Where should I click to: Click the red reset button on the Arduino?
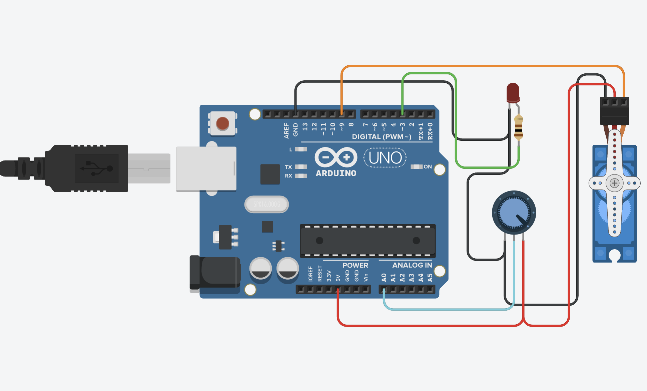222,124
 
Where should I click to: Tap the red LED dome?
513,92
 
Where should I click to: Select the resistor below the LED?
519,127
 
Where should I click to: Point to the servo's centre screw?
614,183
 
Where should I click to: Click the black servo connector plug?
614,111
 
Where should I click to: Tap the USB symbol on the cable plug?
97,168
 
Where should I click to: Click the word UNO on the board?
385,158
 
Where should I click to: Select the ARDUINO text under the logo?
336,173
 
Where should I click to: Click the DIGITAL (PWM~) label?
382,137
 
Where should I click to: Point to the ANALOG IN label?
412,265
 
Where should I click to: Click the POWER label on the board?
355,265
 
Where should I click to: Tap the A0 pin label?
384,278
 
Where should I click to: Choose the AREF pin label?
286,130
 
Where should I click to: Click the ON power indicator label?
428,166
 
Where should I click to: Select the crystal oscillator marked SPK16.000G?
266,204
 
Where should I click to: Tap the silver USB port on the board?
206,168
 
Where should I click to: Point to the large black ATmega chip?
368,241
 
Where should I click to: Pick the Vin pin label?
366,277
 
